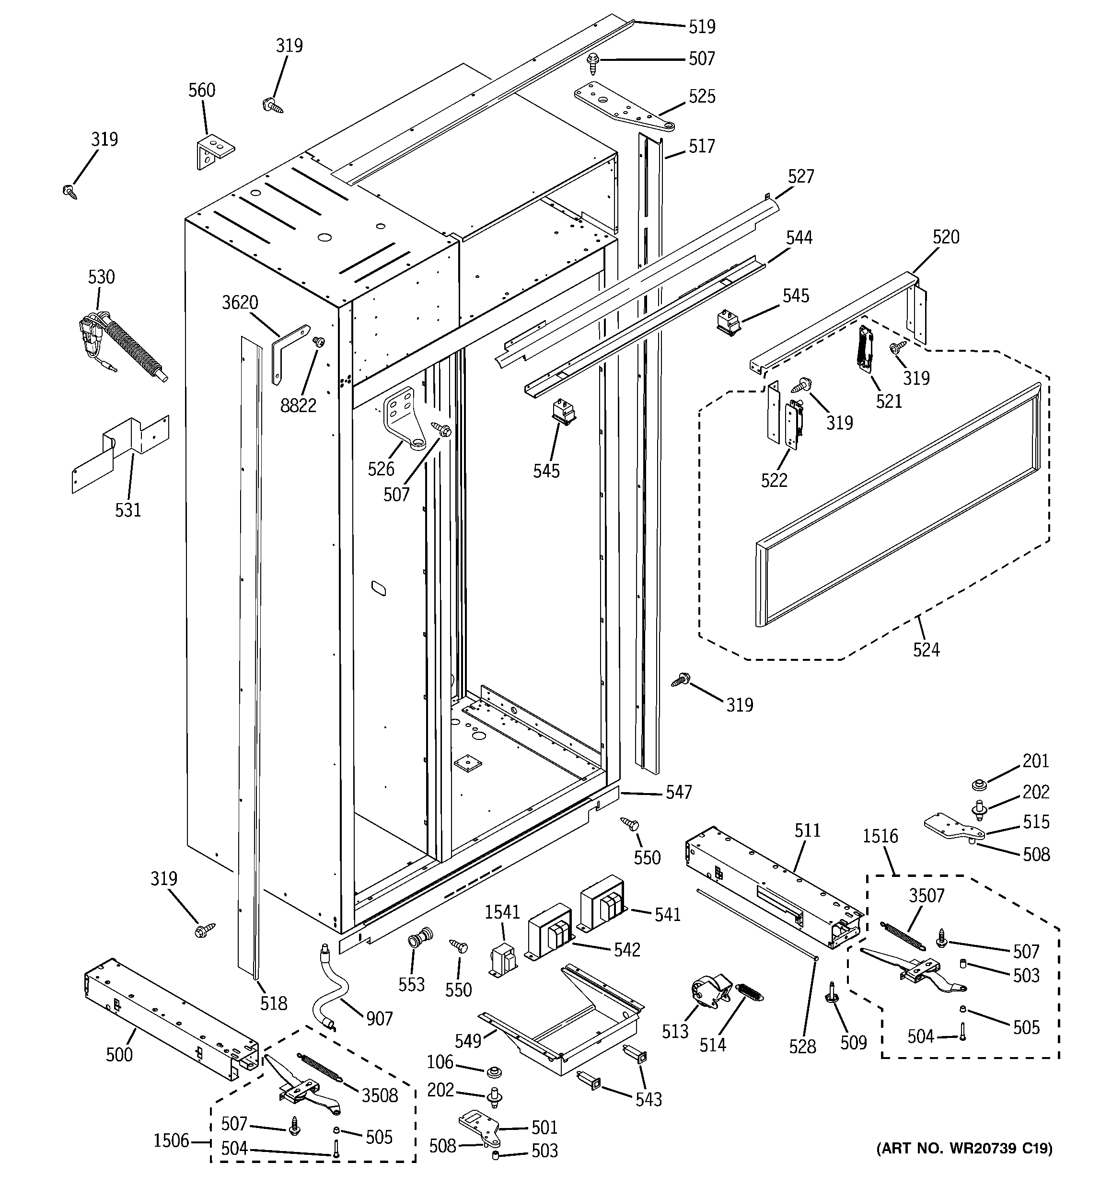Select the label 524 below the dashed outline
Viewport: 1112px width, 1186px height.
(x=926, y=649)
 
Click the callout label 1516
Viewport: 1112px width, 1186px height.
(x=880, y=836)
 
